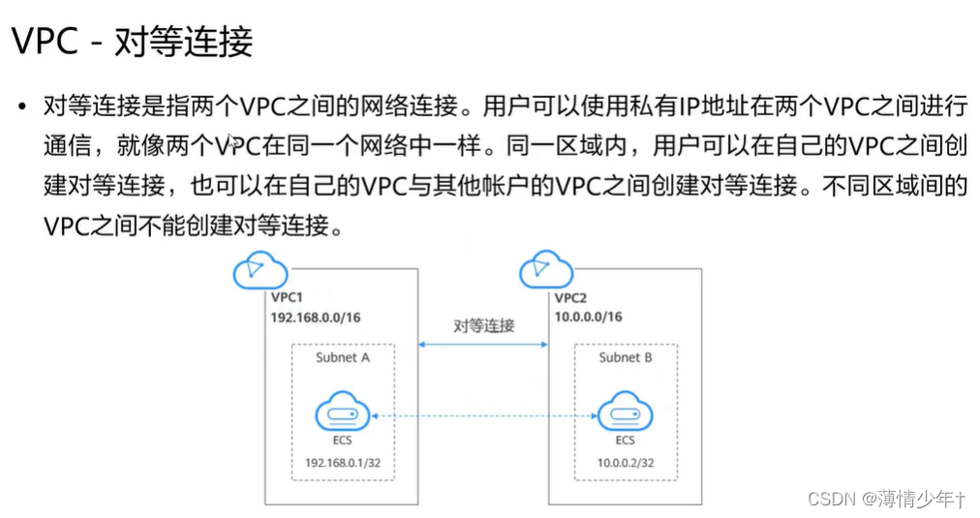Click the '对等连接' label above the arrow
484,325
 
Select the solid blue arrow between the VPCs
483,343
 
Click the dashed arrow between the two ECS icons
483,415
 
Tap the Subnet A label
343,357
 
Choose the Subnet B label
626,357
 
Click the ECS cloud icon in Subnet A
343,414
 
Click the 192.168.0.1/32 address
343,463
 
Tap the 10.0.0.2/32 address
626,463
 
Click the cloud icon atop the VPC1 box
260,269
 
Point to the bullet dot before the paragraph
21,106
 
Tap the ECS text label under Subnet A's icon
343,441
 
